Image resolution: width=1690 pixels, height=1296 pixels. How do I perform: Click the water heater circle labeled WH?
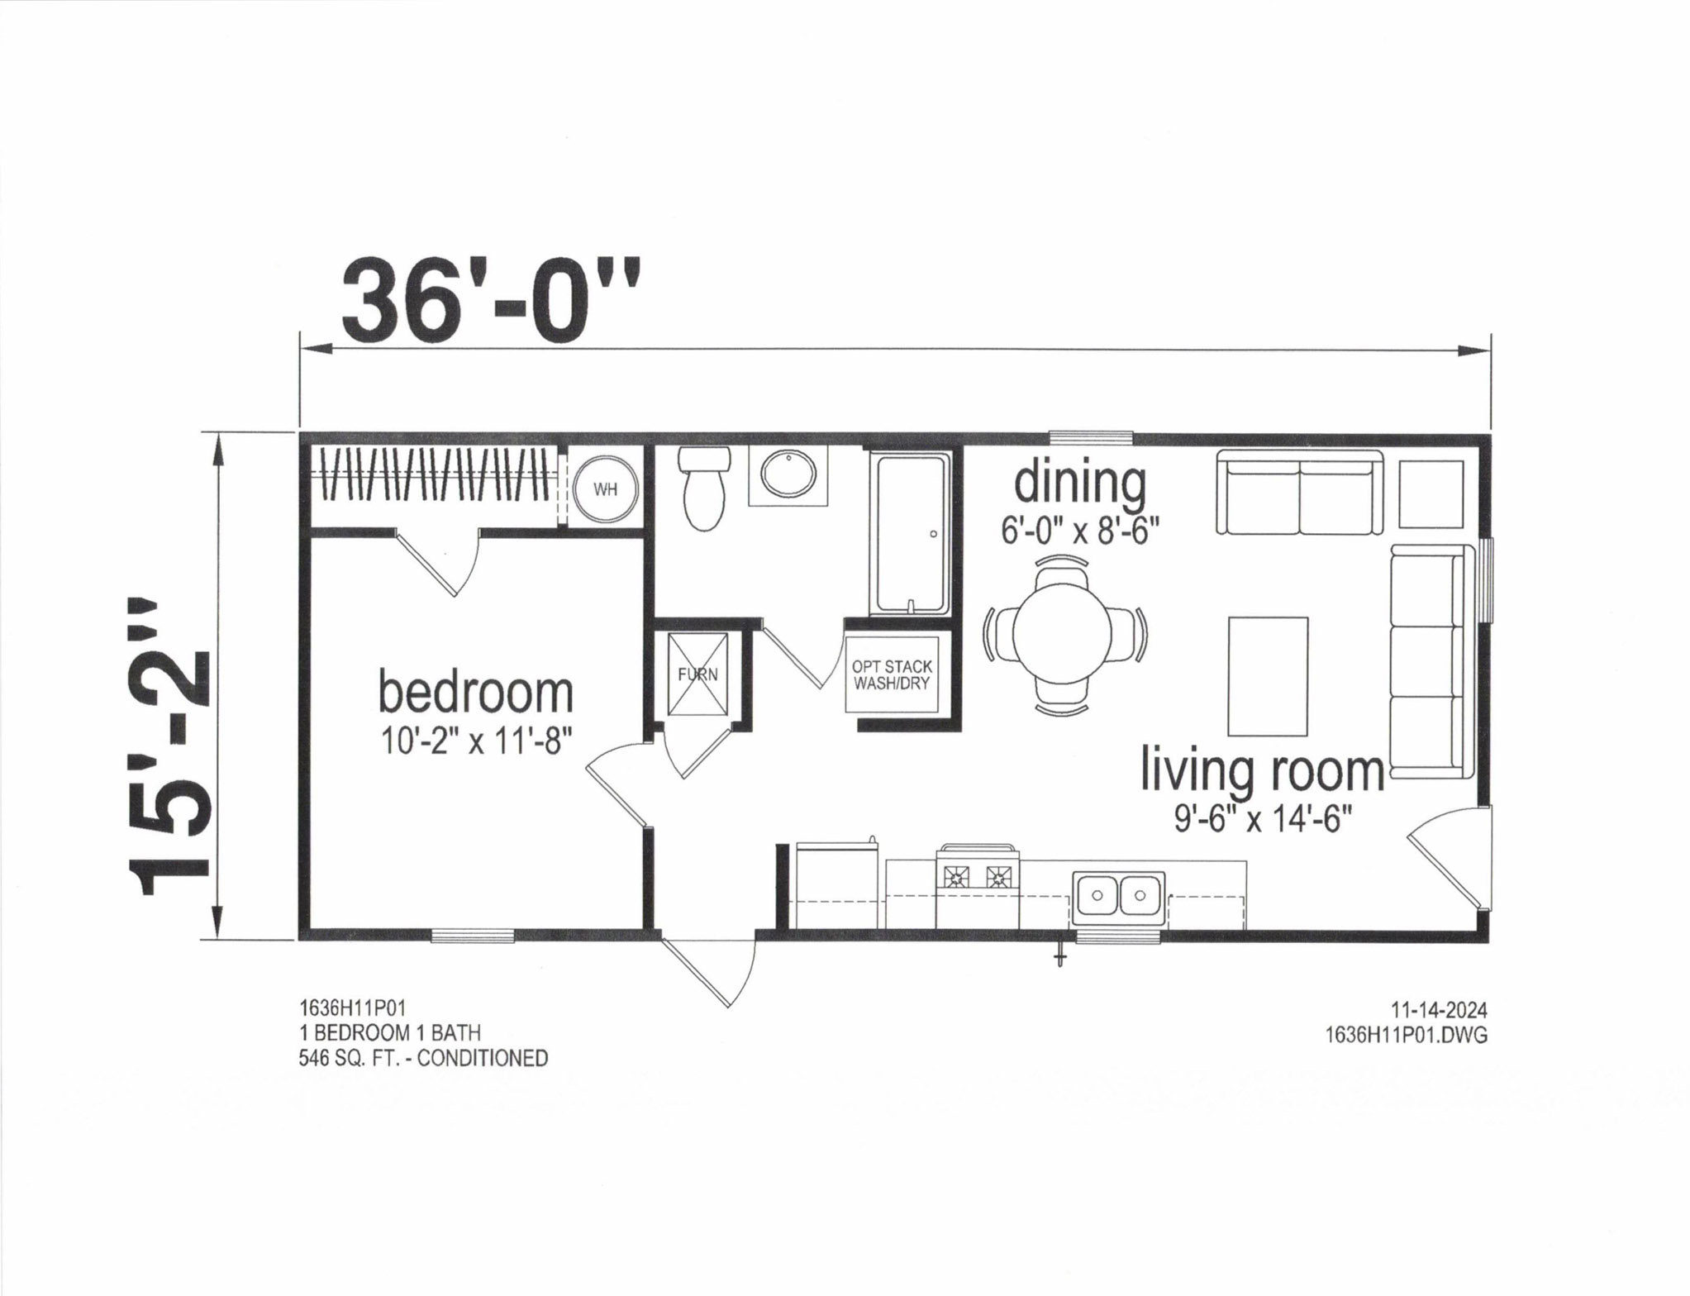point(606,488)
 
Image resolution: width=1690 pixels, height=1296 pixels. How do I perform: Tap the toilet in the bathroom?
point(703,488)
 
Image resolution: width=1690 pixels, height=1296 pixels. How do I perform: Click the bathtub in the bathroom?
point(912,534)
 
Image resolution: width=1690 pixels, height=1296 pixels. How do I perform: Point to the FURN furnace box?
point(698,674)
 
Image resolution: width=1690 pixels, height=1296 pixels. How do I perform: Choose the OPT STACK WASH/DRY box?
point(893,674)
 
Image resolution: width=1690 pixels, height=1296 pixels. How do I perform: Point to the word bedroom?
point(475,693)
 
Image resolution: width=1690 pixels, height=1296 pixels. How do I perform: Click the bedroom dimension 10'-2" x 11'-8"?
point(477,741)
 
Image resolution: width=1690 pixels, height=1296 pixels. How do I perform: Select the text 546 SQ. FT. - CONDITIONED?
point(423,1058)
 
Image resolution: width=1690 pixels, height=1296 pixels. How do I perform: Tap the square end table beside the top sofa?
point(1431,494)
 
